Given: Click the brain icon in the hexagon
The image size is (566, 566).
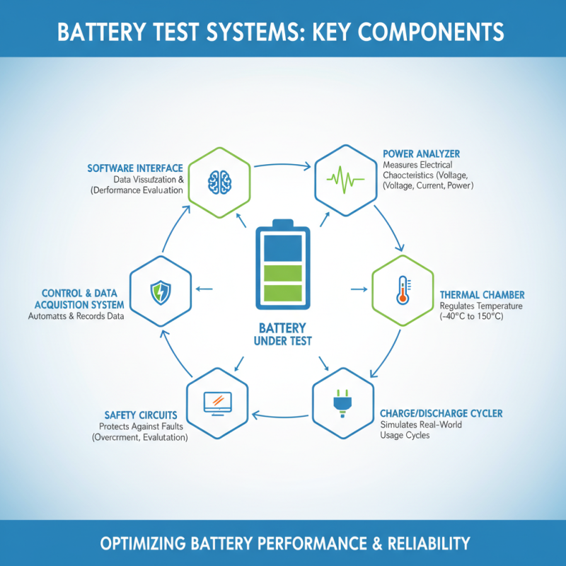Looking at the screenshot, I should pyautogui.click(x=219, y=180).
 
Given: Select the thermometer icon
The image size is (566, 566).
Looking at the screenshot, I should pyautogui.click(x=403, y=289).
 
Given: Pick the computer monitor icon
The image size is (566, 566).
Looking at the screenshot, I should pyautogui.click(x=218, y=402).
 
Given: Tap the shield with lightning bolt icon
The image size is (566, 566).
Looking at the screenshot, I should pyautogui.click(x=161, y=291).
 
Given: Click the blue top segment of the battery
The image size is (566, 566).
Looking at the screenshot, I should pyautogui.click(x=282, y=248).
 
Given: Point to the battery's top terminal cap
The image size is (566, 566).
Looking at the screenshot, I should pyautogui.click(x=282, y=222).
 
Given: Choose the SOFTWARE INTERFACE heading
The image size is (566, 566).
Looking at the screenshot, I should pyautogui.click(x=135, y=168).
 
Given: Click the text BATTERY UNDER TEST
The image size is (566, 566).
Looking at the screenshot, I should pyautogui.click(x=282, y=335).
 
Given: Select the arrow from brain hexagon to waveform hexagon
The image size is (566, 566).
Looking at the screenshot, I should pyautogui.click(x=282, y=166).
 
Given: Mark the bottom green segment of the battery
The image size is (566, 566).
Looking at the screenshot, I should pyautogui.click(x=282, y=293).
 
